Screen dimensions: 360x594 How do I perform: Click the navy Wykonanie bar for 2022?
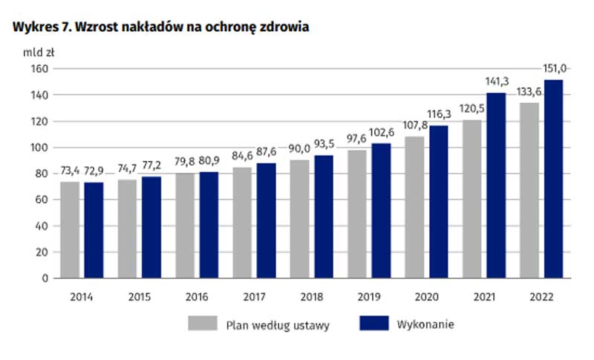click(553, 179)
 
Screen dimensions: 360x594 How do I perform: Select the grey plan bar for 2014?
click(70, 230)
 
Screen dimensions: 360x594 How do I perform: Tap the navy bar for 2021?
click(496, 186)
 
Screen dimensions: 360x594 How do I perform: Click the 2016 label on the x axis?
click(197, 297)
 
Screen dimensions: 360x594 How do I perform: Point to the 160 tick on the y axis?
click(39, 68)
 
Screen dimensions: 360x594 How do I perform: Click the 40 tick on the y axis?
click(42, 226)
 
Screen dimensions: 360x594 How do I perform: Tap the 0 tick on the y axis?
click(45, 278)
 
